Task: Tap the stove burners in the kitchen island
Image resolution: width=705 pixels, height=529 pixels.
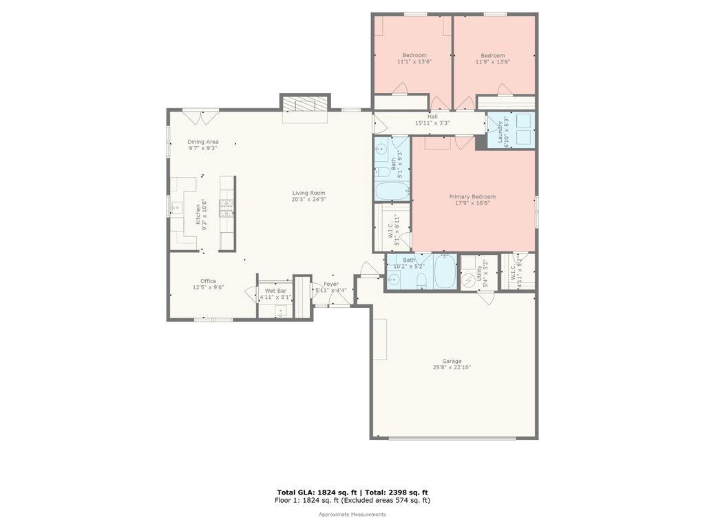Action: tap(227, 207)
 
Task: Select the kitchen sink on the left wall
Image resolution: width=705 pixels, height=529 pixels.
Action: tap(176, 207)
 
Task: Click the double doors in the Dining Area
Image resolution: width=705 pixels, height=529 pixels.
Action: tap(200, 117)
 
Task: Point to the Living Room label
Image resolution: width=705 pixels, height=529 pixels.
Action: tap(308, 193)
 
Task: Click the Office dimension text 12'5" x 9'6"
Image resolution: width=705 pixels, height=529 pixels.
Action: tap(208, 287)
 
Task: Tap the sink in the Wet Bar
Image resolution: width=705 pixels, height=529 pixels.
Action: tap(280, 311)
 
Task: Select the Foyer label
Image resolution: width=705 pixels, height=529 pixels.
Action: tap(331, 284)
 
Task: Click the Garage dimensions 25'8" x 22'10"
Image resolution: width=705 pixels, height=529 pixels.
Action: tap(452, 367)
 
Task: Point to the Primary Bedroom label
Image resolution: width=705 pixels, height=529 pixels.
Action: tap(472, 196)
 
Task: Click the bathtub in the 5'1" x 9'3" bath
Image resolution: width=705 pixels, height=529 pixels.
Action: tap(392, 191)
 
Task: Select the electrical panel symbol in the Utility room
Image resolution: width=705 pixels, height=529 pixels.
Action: tap(469, 280)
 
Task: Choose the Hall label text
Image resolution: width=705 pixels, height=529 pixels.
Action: tap(432, 116)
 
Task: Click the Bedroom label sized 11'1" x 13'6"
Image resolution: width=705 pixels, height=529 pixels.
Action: tap(414, 55)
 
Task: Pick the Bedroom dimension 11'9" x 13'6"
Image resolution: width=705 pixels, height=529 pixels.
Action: tap(493, 62)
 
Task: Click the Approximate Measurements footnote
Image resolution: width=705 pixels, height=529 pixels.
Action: tap(352, 515)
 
